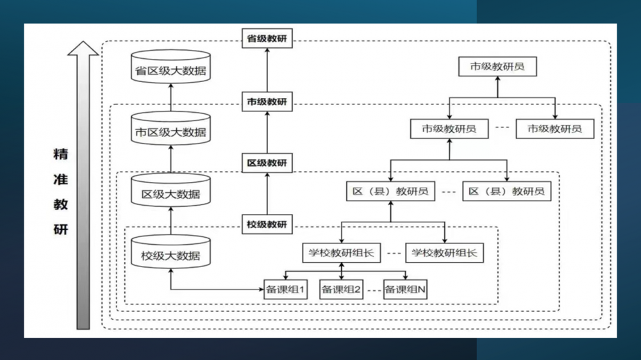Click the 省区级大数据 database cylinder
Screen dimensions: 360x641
171,67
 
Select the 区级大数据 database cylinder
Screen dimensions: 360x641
171,190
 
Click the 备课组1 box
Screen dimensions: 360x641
285,290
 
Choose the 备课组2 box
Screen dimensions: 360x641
341,290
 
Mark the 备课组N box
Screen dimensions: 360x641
405,290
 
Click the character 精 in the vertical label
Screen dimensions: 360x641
60,154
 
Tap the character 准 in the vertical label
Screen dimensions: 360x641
60,180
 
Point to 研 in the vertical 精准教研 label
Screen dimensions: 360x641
60,229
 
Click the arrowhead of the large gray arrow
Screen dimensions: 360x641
83,49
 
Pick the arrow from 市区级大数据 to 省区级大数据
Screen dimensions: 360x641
171,97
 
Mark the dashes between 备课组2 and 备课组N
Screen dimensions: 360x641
373,290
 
